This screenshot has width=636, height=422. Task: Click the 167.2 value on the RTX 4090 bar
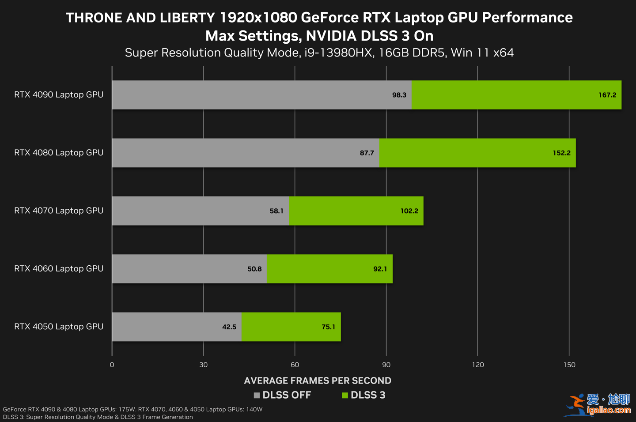607,95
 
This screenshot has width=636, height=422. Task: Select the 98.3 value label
399,95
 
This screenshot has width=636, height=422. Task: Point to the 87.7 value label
367,153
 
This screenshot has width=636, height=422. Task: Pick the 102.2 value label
409,211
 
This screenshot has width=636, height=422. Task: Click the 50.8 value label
254,269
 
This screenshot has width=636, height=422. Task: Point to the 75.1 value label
328,327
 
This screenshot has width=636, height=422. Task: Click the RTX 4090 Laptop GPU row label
59,94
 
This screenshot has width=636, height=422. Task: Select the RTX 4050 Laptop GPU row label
59,327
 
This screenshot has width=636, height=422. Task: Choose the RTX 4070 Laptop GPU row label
59,211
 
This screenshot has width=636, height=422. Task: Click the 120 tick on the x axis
478,365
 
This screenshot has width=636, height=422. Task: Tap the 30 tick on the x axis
203,365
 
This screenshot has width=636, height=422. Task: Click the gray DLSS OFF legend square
257,395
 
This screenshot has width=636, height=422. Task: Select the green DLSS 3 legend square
345,395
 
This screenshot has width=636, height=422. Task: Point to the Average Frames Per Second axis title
318,381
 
